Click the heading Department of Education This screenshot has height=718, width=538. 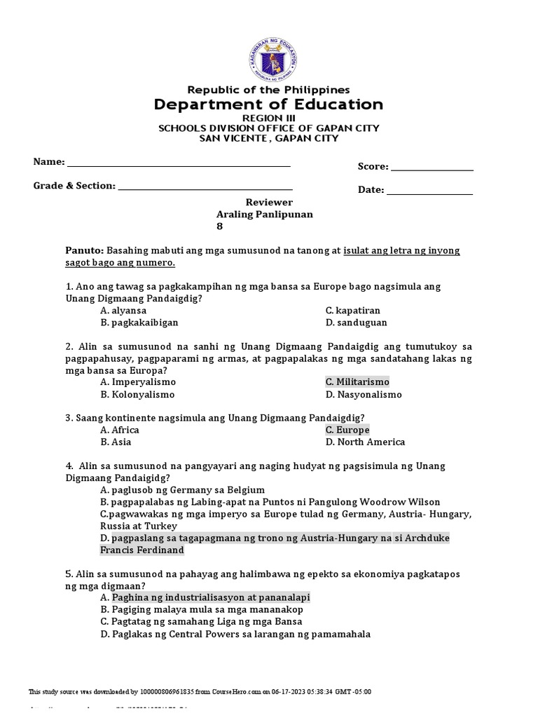[269, 104]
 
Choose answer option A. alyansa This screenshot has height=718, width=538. [124, 310]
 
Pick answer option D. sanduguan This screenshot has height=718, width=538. [356, 323]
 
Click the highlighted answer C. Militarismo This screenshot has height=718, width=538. [357, 382]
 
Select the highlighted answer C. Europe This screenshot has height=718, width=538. [347, 430]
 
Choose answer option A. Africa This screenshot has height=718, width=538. [120, 430]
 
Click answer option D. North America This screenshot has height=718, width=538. [365, 442]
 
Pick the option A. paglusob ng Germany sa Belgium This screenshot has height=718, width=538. [182, 489]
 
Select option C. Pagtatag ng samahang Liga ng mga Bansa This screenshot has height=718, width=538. [201, 622]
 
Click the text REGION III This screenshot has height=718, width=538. [269, 118]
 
